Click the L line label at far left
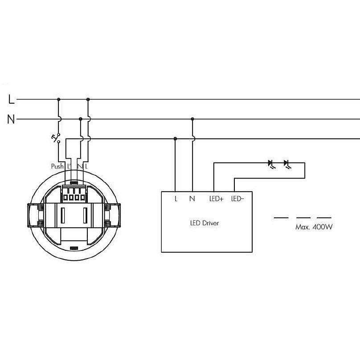coord(11,99)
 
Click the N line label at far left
coord(11,119)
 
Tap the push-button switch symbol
coord(56,138)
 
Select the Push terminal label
coord(57,166)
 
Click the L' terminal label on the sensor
coord(69,166)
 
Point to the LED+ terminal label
coord(216,199)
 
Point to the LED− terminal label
coord(237,199)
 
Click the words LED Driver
coord(205,223)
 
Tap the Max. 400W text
coord(314,227)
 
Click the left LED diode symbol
coord(271,164)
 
